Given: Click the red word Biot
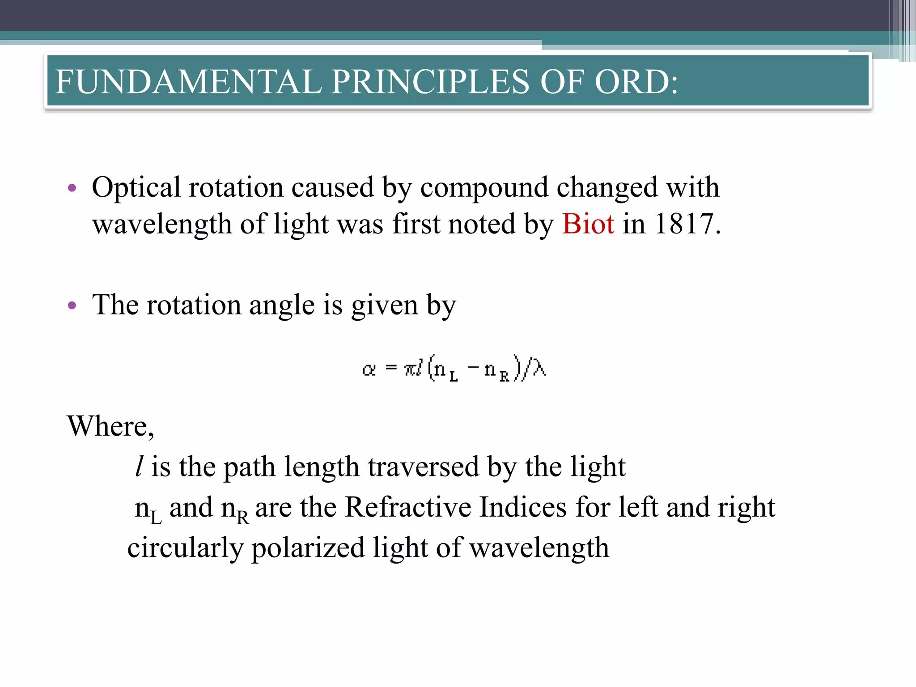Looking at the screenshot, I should (x=588, y=224).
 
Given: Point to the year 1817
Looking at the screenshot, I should (x=683, y=224).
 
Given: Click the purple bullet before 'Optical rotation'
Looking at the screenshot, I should (x=72, y=188).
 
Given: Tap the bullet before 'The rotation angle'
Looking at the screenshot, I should (x=72, y=306).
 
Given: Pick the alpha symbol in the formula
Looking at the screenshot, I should (x=369, y=370).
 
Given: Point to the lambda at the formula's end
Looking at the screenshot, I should (x=539, y=369).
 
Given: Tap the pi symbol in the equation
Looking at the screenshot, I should (x=410, y=370).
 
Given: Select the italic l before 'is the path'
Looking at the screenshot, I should (x=139, y=466).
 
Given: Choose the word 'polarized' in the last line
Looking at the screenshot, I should (x=308, y=548).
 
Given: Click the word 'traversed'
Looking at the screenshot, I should (x=423, y=467).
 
